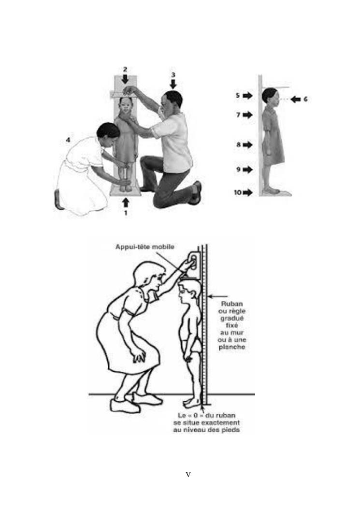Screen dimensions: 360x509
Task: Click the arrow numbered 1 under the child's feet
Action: click(x=126, y=203)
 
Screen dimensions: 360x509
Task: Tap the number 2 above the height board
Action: click(x=125, y=69)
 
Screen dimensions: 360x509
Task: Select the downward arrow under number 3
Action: click(x=173, y=84)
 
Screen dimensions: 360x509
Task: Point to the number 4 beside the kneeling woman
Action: click(x=68, y=140)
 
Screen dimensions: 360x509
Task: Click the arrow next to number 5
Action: click(x=248, y=95)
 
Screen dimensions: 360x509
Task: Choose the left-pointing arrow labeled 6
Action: click(x=295, y=99)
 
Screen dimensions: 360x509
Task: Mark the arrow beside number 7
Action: click(x=248, y=115)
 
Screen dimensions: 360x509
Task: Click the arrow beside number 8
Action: click(x=248, y=145)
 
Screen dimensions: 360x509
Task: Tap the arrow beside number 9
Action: click(x=248, y=169)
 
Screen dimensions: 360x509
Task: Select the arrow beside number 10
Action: click(x=248, y=192)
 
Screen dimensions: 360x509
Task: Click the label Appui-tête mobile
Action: click(x=145, y=247)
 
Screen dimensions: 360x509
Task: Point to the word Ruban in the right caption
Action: click(x=232, y=304)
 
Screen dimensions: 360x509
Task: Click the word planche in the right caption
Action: click(x=232, y=348)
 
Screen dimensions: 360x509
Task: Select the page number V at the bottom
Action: click(x=188, y=475)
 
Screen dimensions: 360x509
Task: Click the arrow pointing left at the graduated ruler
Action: click(x=217, y=296)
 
